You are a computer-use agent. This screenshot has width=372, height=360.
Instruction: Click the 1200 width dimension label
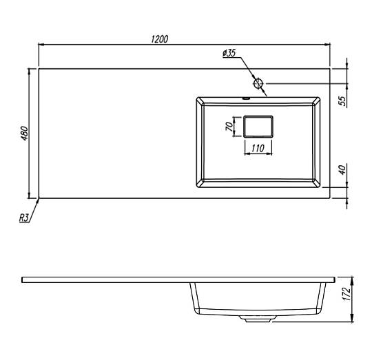(159, 39)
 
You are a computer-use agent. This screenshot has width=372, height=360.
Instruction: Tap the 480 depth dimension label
(25, 134)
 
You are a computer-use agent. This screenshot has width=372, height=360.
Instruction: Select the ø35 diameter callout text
(229, 53)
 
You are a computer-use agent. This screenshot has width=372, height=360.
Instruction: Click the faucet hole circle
(258, 83)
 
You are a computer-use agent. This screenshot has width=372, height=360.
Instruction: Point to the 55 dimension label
(342, 100)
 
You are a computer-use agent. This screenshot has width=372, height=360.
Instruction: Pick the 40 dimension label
(342, 170)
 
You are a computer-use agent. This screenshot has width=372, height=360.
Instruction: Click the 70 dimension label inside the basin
(229, 127)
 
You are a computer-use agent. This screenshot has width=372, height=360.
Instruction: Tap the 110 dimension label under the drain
(258, 149)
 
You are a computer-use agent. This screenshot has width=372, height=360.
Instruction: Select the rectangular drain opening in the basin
(258, 127)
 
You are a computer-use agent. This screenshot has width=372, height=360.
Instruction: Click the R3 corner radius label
(24, 218)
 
